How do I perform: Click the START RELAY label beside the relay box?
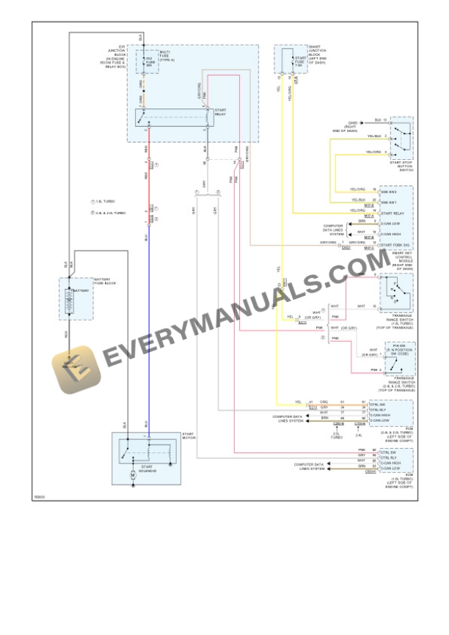(x=220, y=111)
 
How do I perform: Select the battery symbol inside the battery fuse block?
(x=71, y=301)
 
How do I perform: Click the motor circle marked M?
(x=133, y=476)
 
